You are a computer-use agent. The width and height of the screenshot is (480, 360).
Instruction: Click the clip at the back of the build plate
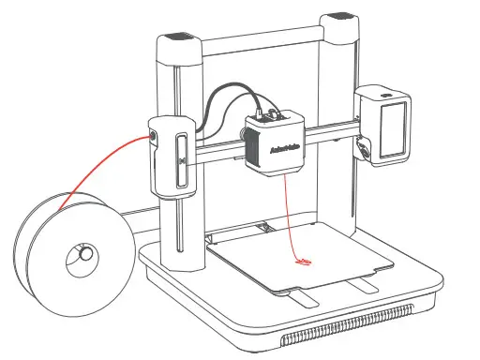(265, 228)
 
